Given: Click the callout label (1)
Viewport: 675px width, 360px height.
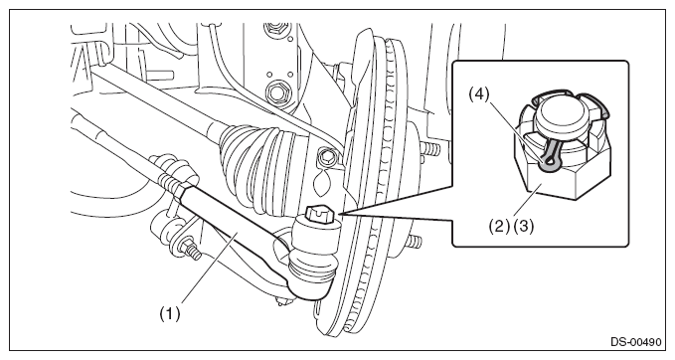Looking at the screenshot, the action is (170, 313).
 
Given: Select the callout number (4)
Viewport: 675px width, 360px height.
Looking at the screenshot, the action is (479, 94).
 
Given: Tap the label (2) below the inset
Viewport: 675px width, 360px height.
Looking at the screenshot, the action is (499, 226).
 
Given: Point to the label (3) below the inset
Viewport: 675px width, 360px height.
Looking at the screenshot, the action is (523, 226).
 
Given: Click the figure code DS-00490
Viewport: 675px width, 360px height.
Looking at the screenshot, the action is (635, 342).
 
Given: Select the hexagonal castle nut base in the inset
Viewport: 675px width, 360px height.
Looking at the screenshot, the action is (562, 173).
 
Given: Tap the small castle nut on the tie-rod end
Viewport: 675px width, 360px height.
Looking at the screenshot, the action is (322, 215).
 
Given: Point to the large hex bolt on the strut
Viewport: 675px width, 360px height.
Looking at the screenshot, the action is (275, 91).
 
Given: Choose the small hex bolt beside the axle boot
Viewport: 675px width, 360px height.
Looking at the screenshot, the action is (326, 157).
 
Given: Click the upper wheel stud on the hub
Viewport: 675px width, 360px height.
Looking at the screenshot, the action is (430, 149).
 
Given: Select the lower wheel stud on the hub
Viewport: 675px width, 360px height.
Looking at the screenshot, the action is (415, 242).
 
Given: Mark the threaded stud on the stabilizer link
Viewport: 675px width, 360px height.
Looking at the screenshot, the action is (193, 251).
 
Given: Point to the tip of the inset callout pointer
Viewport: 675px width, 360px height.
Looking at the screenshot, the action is (338, 214).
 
